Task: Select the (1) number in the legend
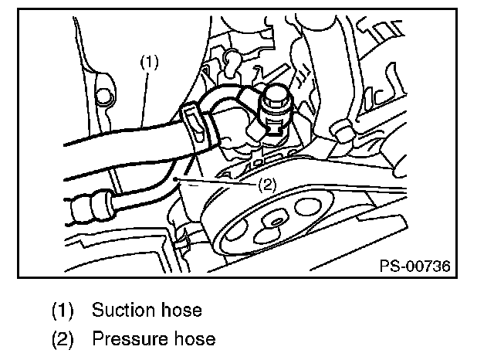pyautogui.click(x=63, y=311)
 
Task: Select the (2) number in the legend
pyautogui.click(x=63, y=339)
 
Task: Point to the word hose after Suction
pyautogui.click(x=182, y=311)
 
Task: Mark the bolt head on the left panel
pyautogui.click(x=101, y=97)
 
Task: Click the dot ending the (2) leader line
pyautogui.click(x=178, y=178)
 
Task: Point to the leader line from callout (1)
pyautogui.click(x=147, y=97)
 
